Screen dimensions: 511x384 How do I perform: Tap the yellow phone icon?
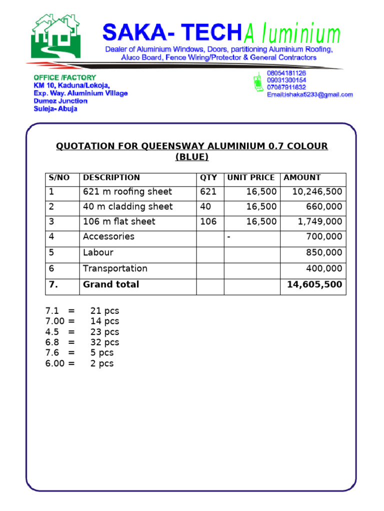tap(258, 83)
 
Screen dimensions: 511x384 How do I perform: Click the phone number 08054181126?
tap(286, 73)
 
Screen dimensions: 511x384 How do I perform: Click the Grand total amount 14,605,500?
tap(314, 285)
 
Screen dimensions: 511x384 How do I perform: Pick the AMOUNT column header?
tap(302, 178)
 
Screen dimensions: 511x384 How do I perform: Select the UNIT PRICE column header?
tap(251, 178)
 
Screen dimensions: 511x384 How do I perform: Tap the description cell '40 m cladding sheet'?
tap(127, 207)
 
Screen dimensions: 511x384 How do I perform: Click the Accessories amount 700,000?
tap(324, 237)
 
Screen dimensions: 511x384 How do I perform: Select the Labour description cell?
tap(98, 253)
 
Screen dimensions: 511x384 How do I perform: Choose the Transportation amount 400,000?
tap(324, 268)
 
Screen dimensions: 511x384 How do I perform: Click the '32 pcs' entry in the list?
tap(104, 342)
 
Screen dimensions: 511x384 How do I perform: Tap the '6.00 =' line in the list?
tap(60, 363)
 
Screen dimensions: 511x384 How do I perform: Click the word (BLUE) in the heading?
tap(192, 157)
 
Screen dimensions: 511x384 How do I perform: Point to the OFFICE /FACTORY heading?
tap(64, 77)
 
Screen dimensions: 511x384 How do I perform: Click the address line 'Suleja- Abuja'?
tap(55, 109)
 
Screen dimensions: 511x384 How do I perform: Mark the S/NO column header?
tap(59, 178)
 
